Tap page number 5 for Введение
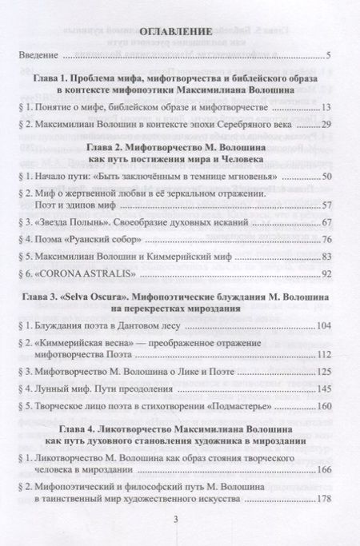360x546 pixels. point(329,57)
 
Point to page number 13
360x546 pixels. point(326,108)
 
